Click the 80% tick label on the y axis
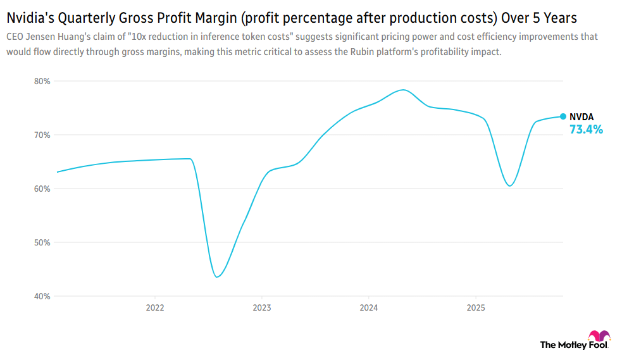(x=42, y=81)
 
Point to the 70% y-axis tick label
(x=42, y=135)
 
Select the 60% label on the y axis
(x=42, y=189)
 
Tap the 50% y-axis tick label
(x=42, y=242)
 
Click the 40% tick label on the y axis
(x=42, y=296)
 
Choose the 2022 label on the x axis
(x=155, y=308)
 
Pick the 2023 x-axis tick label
(x=262, y=308)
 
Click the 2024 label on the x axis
(x=369, y=308)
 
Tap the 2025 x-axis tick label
(x=476, y=308)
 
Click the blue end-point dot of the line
(x=563, y=116)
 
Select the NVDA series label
(x=582, y=117)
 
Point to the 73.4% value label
(x=586, y=130)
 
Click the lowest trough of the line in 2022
(x=217, y=276)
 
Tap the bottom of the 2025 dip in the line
(x=510, y=185)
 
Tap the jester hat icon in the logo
(x=599, y=336)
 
